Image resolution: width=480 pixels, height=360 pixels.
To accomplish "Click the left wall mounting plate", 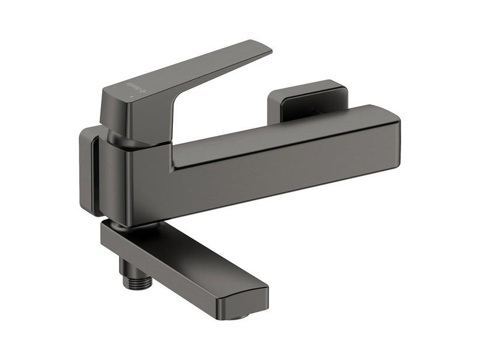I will click(88, 169).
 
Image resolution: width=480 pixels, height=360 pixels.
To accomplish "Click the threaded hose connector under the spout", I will click(138, 281).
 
